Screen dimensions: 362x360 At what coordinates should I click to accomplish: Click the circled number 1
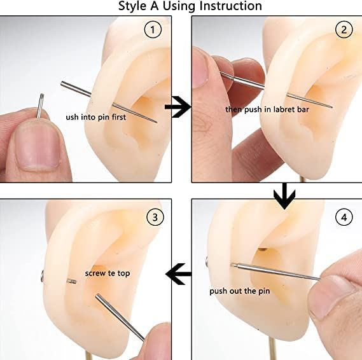click(x=153, y=30)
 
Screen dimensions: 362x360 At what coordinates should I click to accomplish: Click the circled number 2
click(x=344, y=30)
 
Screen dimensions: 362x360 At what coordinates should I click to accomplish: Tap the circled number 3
click(x=155, y=217)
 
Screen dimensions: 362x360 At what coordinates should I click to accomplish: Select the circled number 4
click(x=344, y=217)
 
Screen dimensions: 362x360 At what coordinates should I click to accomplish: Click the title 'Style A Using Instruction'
click(x=190, y=6)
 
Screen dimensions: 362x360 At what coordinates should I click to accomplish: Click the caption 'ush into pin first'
click(x=96, y=117)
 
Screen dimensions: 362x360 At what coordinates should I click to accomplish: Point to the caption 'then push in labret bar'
click(x=267, y=109)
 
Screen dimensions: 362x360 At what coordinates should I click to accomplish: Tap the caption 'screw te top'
click(x=108, y=273)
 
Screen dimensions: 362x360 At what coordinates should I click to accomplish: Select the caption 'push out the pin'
click(x=240, y=291)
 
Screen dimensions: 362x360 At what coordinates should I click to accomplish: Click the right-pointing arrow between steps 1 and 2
click(x=178, y=107)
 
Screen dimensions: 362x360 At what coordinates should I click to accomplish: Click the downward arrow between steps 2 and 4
click(x=284, y=196)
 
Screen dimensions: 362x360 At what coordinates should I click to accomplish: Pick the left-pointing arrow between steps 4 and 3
click(x=179, y=274)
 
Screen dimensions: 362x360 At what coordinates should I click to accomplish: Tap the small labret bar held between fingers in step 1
click(x=40, y=106)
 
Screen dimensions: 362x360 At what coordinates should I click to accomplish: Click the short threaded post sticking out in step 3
click(x=72, y=281)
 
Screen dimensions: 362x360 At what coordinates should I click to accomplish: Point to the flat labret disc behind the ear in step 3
click(x=42, y=277)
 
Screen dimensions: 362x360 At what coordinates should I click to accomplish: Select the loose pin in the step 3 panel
click(x=120, y=317)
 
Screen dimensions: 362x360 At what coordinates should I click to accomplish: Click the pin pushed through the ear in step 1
click(x=109, y=102)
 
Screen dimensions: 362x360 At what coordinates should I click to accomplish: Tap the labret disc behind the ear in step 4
click(x=207, y=261)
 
